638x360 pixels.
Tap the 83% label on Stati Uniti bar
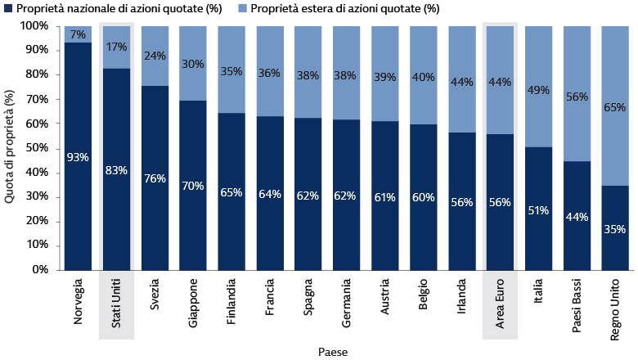pyautogui.click(x=116, y=170)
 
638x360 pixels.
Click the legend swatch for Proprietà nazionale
pyautogui.click(x=7, y=9)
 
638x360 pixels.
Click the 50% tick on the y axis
pyautogui.click(x=36, y=148)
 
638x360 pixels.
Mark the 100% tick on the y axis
pyautogui.click(x=34, y=25)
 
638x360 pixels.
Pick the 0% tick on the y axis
pyautogui.click(x=38, y=270)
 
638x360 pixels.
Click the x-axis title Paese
pyautogui.click(x=334, y=352)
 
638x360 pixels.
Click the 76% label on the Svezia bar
pyautogui.click(x=155, y=178)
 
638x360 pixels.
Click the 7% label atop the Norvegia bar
pyautogui.click(x=78, y=34)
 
